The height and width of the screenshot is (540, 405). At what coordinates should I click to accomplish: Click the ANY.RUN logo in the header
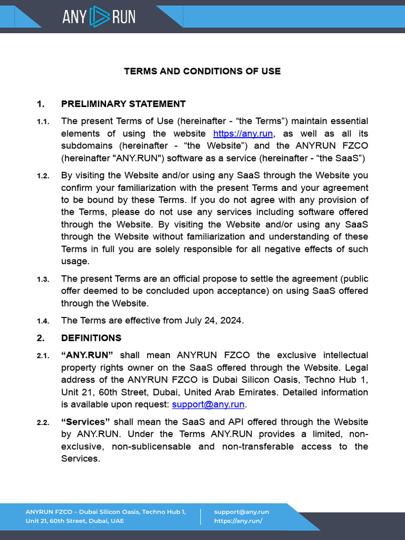pos(99,16)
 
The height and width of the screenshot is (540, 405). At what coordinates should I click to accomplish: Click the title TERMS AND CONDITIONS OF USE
pos(202,71)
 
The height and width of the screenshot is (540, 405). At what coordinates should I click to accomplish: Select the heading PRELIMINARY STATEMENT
pos(123,104)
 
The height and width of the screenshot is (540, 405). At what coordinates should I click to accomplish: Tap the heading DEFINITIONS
pos(91,338)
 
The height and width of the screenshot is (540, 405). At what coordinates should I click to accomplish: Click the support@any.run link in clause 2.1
pos(208,404)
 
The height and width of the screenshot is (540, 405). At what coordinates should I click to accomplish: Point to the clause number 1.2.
pos(43,176)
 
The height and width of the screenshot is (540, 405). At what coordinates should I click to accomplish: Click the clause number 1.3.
pos(43,279)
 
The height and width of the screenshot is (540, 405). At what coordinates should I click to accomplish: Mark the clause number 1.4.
pos(43,321)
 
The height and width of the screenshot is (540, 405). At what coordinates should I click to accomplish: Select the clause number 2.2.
pos(43,423)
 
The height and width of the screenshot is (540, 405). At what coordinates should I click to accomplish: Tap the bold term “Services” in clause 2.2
pos(85,422)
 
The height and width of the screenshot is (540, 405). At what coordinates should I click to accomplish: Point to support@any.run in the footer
pos(242,512)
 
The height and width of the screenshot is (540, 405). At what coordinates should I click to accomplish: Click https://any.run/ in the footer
pos(238,521)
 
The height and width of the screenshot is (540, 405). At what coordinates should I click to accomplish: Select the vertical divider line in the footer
pos(200,516)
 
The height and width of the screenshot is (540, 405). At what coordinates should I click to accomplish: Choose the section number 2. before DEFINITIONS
pos(41,338)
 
